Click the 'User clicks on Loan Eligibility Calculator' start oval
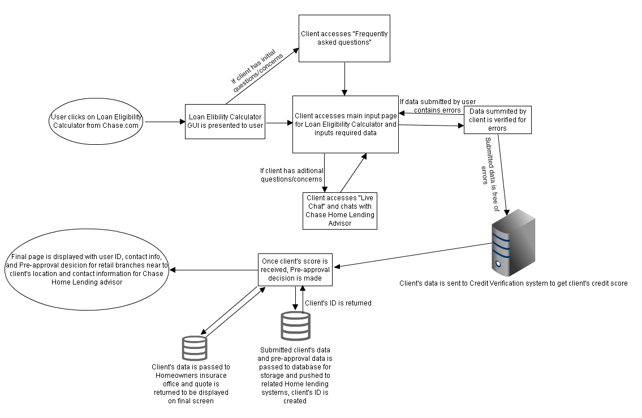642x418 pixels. tap(96, 121)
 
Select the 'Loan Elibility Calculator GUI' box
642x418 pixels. tap(226, 121)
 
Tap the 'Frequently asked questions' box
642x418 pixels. tap(344, 38)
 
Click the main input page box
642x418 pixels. tap(345, 124)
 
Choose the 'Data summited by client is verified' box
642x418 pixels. tap(498, 120)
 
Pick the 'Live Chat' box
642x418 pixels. tap(339, 210)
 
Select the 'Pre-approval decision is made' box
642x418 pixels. tap(295, 270)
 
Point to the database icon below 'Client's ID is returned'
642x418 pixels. tap(295, 325)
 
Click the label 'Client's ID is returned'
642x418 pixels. tap(338, 303)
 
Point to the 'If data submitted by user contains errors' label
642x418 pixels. tap(430, 106)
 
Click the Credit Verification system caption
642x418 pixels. tap(513, 283)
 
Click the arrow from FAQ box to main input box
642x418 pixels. tap(344, 79)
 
